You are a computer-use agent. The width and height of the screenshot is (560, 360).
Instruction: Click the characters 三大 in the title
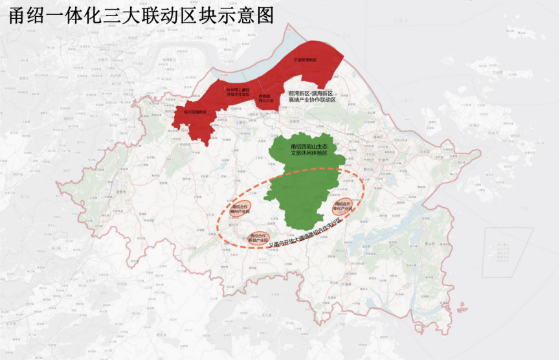(123, 14)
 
